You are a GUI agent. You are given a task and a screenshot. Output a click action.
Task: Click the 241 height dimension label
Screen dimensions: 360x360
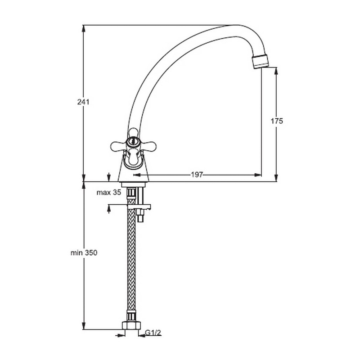coord(83,102)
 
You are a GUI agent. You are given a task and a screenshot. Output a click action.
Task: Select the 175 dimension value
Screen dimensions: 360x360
coord(277,121)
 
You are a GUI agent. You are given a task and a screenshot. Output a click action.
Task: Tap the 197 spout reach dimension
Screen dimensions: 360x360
coord(197,175)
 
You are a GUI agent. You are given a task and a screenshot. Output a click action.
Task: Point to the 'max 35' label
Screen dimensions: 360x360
coord(108,193)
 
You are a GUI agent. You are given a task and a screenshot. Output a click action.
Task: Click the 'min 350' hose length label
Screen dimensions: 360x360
coord(84,253)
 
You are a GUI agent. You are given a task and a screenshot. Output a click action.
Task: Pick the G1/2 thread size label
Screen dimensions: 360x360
coord(153,333)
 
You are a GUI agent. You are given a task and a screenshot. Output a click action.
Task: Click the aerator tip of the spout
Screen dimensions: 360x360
coord(260,61)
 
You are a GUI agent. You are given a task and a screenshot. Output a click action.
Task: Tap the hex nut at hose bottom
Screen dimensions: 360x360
coord(131,326)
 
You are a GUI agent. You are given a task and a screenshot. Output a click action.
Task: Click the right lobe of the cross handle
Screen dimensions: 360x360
coord(148,146)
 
